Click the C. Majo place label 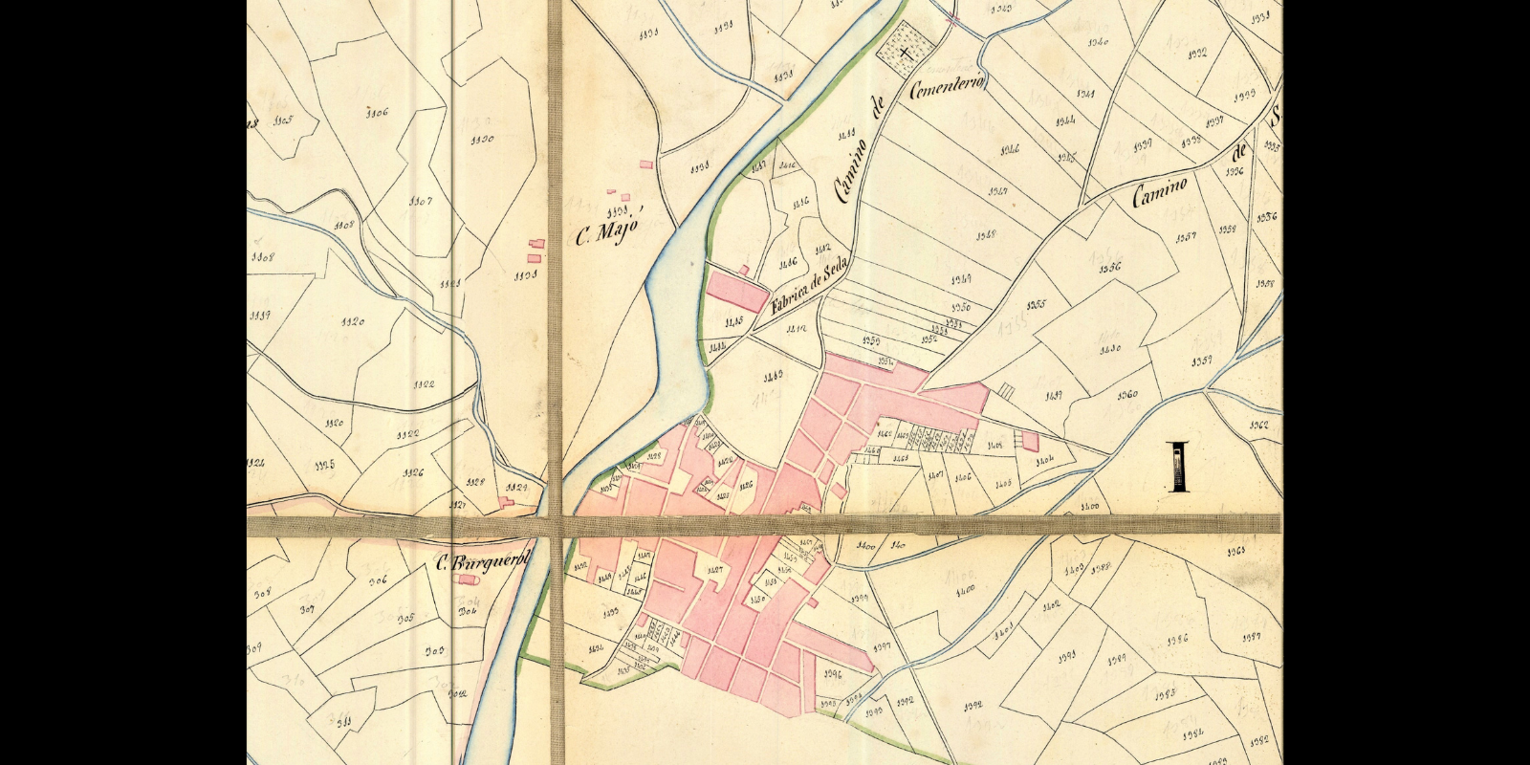tap(607, 232)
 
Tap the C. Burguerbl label tap(481, 565)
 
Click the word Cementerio tap(951, 83)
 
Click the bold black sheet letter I tap(1179, 468)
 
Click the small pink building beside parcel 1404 tap(1030, 442)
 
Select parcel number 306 tap(378, 579)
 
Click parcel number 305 tap(404, 619)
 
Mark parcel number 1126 tap(413, 472)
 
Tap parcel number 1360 tap(1126, 394)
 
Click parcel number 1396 tap(832, 674)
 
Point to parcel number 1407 tap(936, 475)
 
